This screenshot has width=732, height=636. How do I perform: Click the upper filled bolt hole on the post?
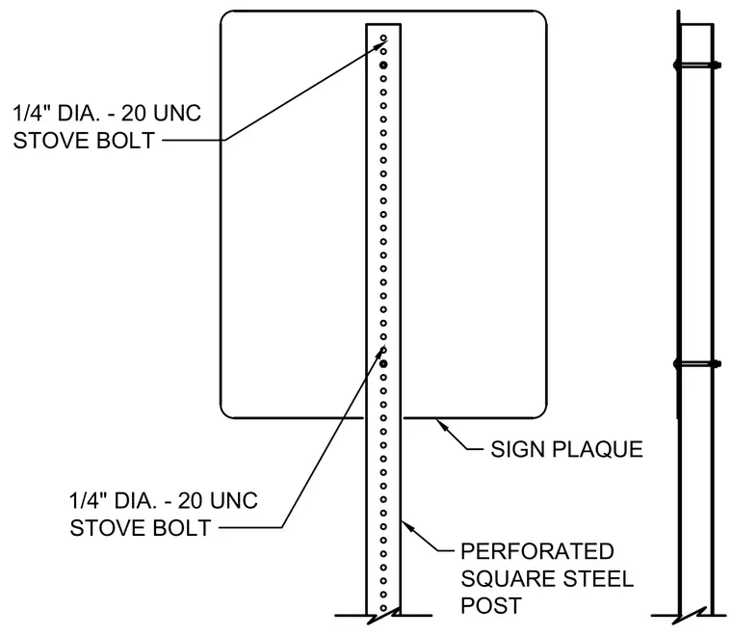[383, 65]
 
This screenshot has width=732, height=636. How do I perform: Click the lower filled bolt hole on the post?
[383, 363]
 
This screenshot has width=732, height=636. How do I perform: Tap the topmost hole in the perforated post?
[383, 38]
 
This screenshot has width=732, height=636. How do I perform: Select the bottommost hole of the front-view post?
[383, 608]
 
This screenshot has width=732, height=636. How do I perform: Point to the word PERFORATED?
[536, 551]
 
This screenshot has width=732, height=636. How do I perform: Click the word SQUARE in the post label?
[509, 579]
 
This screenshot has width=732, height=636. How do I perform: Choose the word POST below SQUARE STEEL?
[490, 606]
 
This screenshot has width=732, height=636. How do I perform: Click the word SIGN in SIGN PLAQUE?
[518, 449]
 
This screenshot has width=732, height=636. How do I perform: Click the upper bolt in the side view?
[697, 65]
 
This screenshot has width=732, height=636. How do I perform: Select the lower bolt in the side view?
[697, 363]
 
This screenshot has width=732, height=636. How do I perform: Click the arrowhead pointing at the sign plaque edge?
[441, 424]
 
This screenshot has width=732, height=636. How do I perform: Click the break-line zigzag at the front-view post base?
[383, 616]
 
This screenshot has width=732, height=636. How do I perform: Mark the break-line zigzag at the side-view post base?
[689, 616]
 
